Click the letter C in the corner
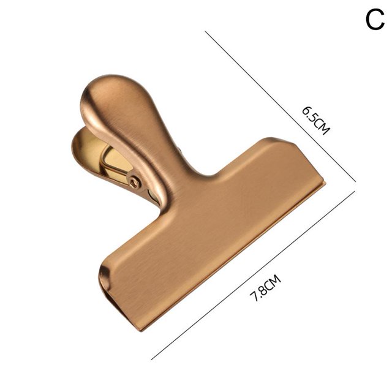coord(375,20)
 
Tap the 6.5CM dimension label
coord(316,121)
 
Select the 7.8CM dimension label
coord(265,288)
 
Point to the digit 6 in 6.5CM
coord(306,110)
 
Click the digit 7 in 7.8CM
coord(255,297)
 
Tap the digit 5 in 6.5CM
coord(313,118)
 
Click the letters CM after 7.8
coord(273,281)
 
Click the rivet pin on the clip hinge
coord(135,182)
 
